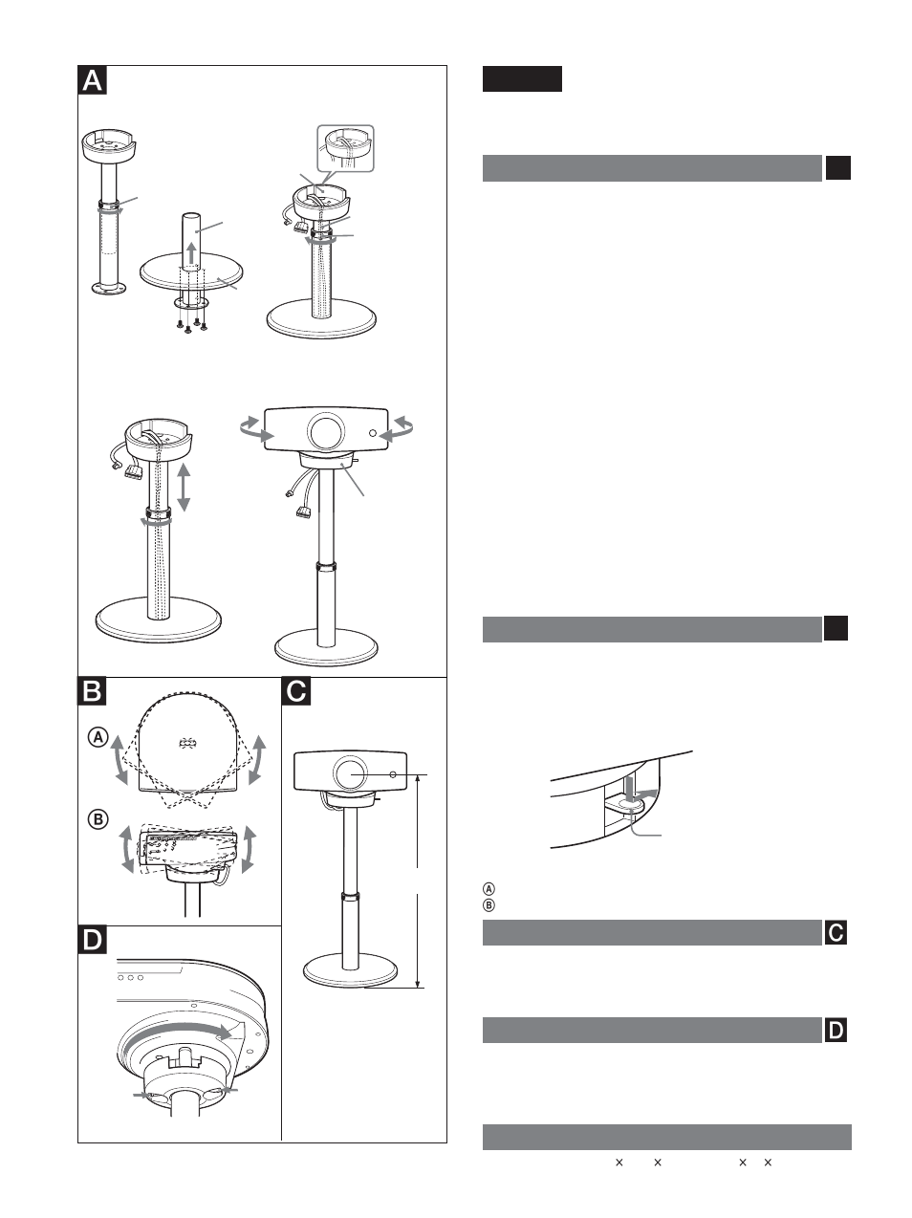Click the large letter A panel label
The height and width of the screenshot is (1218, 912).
[92, 80]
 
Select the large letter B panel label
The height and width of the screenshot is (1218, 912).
[92, 690]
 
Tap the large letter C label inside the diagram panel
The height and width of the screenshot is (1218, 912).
[296, 690]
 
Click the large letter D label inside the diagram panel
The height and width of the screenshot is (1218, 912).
[92, 940]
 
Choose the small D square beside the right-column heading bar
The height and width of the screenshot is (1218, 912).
[836, 1030]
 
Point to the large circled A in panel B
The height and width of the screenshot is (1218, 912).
[98, 737]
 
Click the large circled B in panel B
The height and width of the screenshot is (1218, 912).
[98, 819]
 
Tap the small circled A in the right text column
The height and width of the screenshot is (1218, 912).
[489, 890]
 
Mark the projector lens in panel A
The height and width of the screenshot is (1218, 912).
[325, 431]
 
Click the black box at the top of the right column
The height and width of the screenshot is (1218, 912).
[522, 78]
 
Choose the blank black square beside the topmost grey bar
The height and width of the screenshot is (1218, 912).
[837, 168]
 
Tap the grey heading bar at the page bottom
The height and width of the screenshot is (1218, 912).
[666, 1137]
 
